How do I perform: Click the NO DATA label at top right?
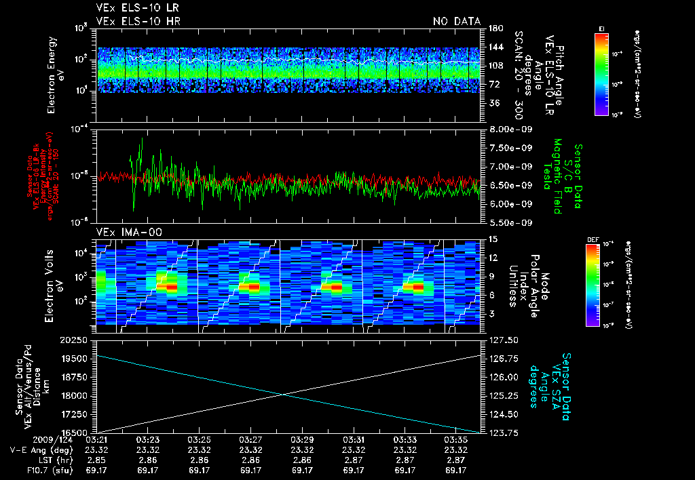pos(456,22)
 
